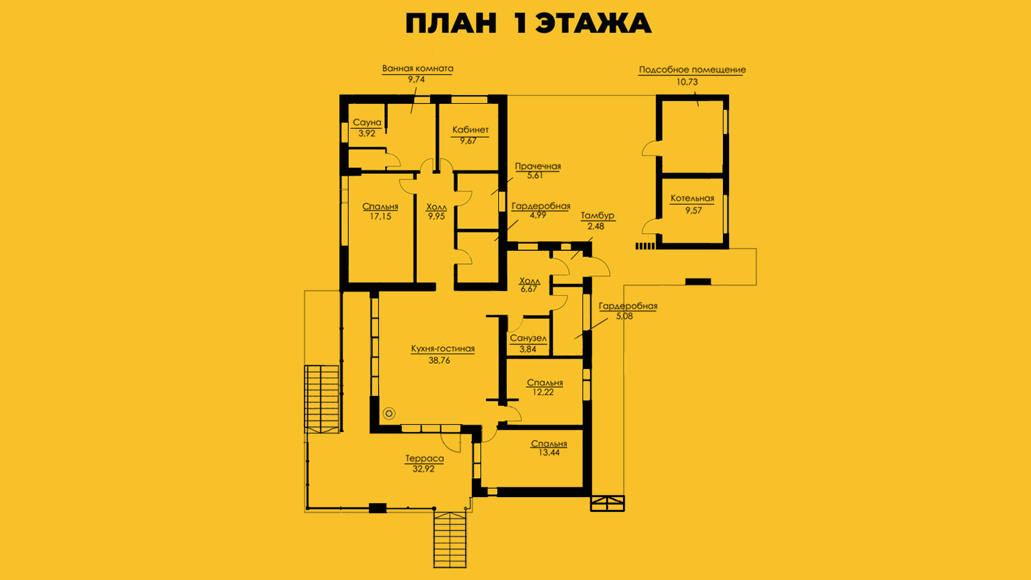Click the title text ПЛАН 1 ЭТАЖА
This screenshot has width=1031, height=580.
pyautogui.click(x=528, y=23)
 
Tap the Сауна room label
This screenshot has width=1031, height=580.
pyautogui.click(x=367, y=123)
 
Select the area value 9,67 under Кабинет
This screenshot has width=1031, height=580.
pyautogui.click(x=468, y=141)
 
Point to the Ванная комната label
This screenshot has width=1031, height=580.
pyautogui.click(x=417, y=69)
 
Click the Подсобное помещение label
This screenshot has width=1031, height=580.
pyautogui.click(x=692, y=70)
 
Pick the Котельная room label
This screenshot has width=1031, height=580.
pyautogui.click(x=692, y=198)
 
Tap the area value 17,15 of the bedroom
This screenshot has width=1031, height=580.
pyautogui.click(x=380, y=216)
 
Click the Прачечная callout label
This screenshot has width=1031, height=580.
pyautogui.click(x=538, y=166)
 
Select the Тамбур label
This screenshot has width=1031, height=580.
pyautogui.click(x=598, y=215)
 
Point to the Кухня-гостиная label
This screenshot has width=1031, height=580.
pyautogui.click(x=443, y=349)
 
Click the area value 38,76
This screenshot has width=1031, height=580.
pyautogui.click(x=439, y=360)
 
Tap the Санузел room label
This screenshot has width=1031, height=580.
pyautogui.click(x=528, y=338)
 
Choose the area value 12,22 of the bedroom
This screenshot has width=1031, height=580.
pyautogui.click(x=543, y=392)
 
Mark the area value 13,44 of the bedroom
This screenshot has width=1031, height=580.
pyautogui.click(x=549, y=452)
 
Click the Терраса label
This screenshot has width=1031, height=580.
pyautogui.click(x=425, y=458)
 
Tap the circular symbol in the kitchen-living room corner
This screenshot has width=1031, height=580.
pyautogui.click(x=389, y=414)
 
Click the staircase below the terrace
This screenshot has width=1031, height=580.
pyautogui.click(x=450, y=539)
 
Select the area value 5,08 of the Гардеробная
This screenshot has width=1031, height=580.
pyautogui.click(x=625, y=316)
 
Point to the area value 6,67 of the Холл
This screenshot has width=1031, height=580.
pyautogui.click(x=529, y=289)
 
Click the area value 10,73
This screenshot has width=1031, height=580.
pyautogui.click(x=687, y=82)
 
